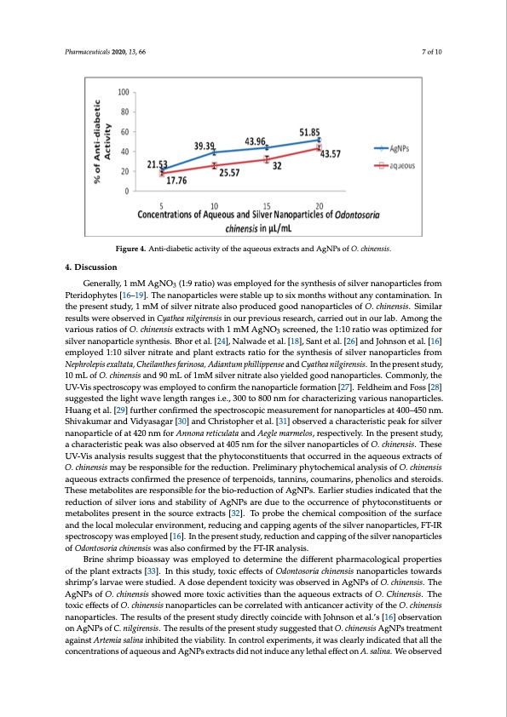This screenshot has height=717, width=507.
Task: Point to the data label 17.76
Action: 177,181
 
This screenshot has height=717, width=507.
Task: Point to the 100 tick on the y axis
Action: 123,91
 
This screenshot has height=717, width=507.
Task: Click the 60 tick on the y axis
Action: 124,132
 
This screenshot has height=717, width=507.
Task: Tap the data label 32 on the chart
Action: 277,164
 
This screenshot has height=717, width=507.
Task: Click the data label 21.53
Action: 158,163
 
